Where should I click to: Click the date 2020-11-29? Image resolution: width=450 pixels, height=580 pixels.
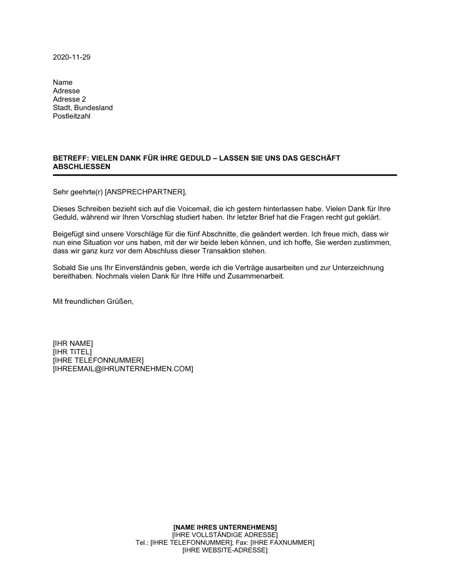pos(72,57)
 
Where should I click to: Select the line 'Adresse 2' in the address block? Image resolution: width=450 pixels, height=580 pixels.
pos(69,99)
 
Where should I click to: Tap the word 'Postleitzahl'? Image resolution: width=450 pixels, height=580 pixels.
pos(72,116)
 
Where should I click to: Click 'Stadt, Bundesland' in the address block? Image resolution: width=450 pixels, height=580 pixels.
pos(83,108)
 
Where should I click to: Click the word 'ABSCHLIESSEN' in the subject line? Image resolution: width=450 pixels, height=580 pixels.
pos(81,166)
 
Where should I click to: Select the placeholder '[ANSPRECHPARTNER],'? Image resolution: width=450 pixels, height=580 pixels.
pos(145,192)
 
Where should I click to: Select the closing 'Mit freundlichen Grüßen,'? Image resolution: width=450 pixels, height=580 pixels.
pos(93,301)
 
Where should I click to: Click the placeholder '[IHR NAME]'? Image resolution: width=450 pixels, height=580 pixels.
pos(73,344)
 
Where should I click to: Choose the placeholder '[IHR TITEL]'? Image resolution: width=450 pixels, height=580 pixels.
pos(72,352)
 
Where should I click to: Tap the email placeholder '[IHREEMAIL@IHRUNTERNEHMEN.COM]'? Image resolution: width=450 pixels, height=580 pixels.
pos(123,369)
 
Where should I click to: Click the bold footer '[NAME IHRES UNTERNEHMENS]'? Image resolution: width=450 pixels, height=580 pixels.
pos(225,527)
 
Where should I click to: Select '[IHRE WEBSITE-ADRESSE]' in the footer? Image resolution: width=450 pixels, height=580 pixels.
pos(225,550)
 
